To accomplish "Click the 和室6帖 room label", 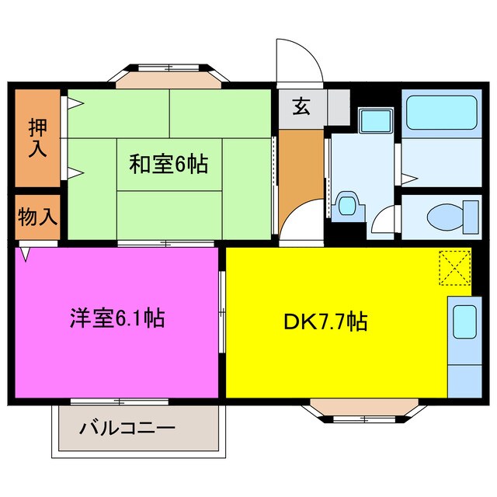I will (168, 164).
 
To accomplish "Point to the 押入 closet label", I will (36, 137).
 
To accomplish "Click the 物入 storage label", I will (36, 216).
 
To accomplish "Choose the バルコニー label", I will (127, 429).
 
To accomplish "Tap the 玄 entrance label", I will (301, 107).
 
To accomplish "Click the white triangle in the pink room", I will (25, 254).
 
